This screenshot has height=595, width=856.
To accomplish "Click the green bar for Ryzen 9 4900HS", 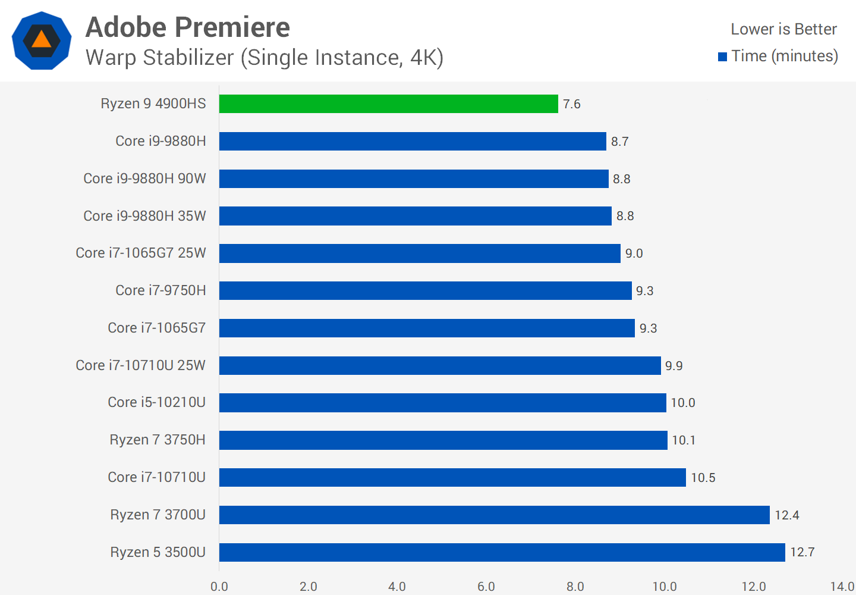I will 388,104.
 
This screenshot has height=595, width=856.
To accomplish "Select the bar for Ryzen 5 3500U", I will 502,552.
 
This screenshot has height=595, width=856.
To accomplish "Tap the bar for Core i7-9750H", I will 425,290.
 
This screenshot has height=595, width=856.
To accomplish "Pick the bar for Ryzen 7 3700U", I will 494,515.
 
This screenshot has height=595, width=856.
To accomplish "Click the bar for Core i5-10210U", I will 442,403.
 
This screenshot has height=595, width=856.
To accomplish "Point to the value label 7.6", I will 572,104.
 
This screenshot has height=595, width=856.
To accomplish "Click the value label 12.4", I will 787,515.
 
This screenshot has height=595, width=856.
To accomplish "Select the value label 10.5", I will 703,478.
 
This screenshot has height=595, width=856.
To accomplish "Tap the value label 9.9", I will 674,366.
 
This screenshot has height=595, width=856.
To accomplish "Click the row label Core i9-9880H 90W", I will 144,178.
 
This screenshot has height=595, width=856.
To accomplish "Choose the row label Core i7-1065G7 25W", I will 141,253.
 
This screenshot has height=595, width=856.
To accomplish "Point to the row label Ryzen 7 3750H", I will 158,440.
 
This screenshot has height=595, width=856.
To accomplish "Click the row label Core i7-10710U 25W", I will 141,365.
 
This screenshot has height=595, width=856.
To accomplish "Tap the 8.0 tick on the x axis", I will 575,587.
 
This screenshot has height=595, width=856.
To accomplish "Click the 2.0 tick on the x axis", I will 309,587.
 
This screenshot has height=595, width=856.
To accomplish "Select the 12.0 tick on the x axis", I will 754,587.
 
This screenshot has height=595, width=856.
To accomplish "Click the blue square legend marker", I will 723,57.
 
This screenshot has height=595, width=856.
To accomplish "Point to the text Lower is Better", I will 783,29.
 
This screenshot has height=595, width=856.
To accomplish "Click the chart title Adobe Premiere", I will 188,27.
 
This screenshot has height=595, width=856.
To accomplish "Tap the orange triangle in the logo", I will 42,40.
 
